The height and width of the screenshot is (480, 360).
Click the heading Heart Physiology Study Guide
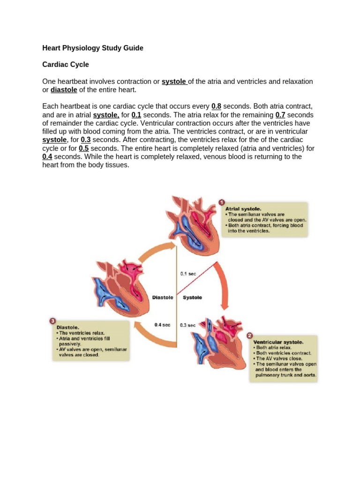point(93,48)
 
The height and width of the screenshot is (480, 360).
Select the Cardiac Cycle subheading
point(66,64)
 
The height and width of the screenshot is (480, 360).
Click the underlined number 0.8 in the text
point(217,106)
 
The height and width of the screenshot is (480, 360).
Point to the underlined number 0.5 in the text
point(84,148)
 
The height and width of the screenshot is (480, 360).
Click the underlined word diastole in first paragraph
point(64,90)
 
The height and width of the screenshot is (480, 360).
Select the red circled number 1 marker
point(222,202)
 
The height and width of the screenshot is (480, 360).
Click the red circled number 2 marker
point(249,336)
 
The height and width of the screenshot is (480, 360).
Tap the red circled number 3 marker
point(52,321)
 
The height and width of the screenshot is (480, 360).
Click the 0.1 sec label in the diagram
point(188,273)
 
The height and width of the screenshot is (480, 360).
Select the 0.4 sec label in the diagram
point(162,324)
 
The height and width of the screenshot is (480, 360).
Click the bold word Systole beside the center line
point(192,298)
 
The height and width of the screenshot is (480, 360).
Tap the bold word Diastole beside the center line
point(163,298)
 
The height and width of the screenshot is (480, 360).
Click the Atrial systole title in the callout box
point(244,209)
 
